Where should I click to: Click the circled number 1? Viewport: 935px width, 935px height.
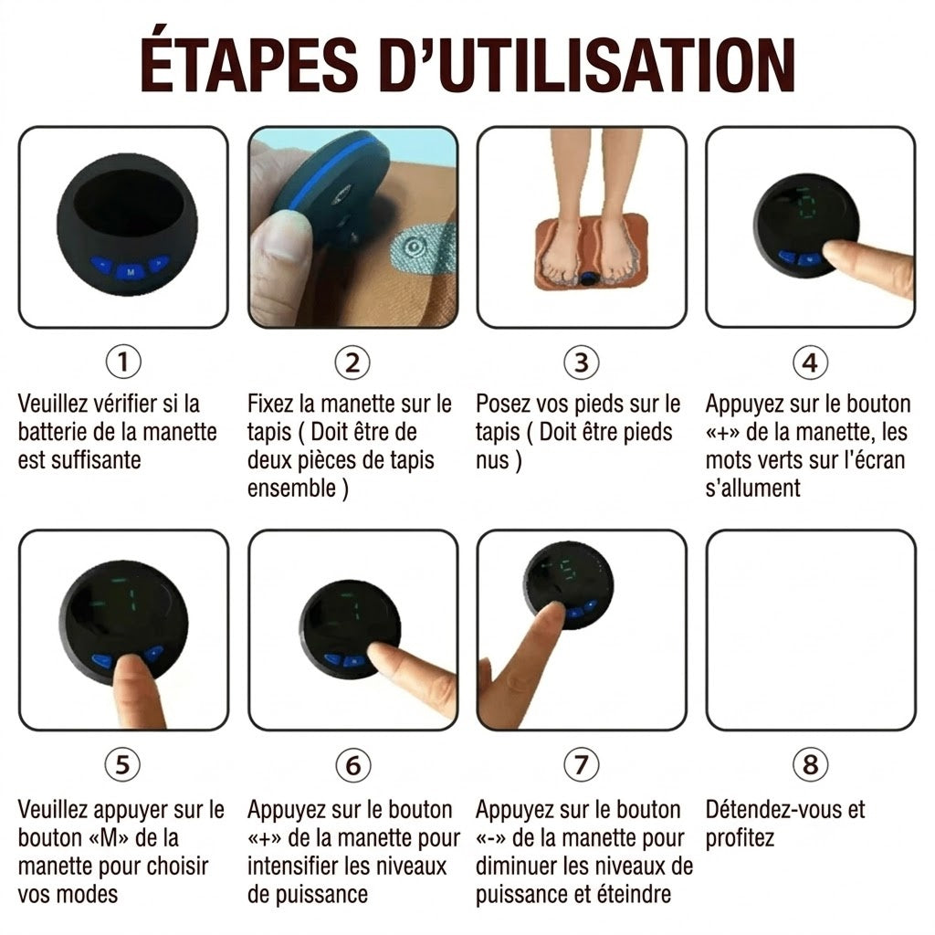123,362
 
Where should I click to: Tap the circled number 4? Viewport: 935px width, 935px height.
811,362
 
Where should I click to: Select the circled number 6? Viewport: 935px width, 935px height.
353,765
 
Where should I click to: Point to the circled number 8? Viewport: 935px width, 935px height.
811,764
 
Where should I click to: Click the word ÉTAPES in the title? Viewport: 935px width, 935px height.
249,64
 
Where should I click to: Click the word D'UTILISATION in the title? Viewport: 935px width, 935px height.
587,64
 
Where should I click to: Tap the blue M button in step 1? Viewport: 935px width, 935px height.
131,272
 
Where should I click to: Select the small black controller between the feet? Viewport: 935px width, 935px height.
591,278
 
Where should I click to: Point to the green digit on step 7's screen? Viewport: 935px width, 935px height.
568,572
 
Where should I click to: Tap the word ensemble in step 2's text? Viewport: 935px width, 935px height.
291,489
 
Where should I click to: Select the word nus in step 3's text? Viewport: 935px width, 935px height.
492,461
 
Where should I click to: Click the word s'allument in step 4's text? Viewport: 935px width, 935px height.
752,489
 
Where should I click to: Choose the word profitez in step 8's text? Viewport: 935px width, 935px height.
740,838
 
